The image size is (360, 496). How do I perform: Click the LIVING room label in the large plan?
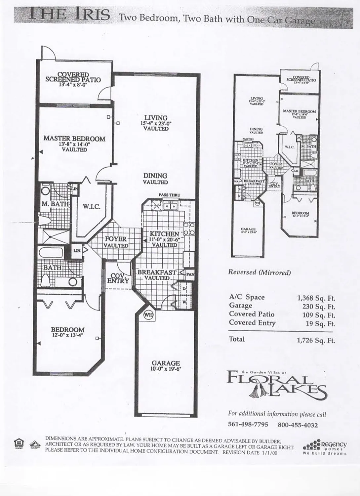pos(156,118)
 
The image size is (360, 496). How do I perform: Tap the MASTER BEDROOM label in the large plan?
pos(74,139)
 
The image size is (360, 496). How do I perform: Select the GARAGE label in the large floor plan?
pos(166,363)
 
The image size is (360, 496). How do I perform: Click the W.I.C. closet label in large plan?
pos(92,207)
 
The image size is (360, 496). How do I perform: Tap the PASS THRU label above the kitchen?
pos(169,195)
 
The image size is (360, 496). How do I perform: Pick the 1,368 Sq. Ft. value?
pos(316,298)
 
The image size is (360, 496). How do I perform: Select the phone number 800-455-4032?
pos(298,425)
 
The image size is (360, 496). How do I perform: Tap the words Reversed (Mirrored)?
pos(259,272)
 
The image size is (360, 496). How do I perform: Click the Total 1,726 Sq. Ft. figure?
pos(316,340)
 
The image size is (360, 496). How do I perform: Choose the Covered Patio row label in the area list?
pos(252,314)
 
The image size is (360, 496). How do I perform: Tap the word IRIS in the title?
pos(88,15)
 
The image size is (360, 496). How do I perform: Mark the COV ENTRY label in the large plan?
pos(118,278)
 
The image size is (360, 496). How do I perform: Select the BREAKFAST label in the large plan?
pos(157,272)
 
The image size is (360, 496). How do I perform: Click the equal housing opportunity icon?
pos(19,442)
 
